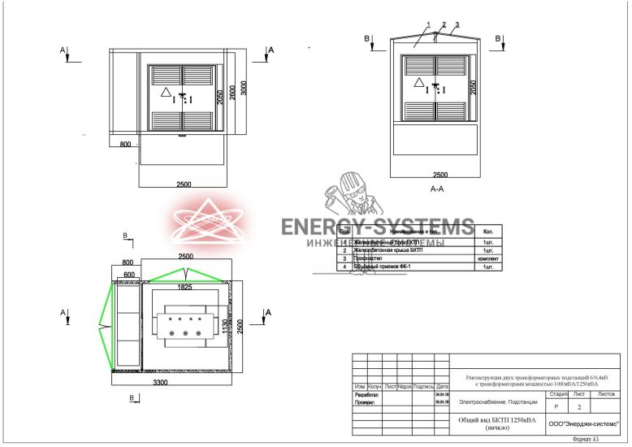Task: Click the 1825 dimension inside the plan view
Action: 186,286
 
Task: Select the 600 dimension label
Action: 128,275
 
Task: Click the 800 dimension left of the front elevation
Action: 125,144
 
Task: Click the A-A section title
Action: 436,189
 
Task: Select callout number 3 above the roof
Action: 457,24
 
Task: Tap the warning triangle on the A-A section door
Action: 419,83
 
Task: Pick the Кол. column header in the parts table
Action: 488,232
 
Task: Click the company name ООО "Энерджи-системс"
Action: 583,423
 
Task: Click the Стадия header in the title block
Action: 558,393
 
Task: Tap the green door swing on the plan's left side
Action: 102,325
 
